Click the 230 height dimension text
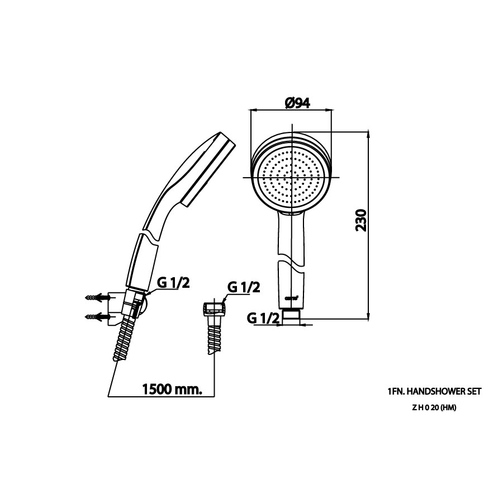362,221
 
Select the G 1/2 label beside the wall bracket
173,282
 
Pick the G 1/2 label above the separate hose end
243,287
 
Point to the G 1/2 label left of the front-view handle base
262,318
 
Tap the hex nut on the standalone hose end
212,308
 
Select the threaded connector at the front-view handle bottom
291,316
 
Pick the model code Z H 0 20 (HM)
434,407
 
